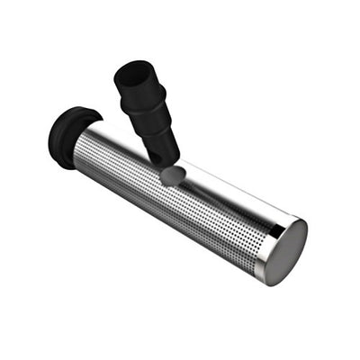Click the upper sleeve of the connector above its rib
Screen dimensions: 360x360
139,90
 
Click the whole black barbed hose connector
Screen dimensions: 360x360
149,112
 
